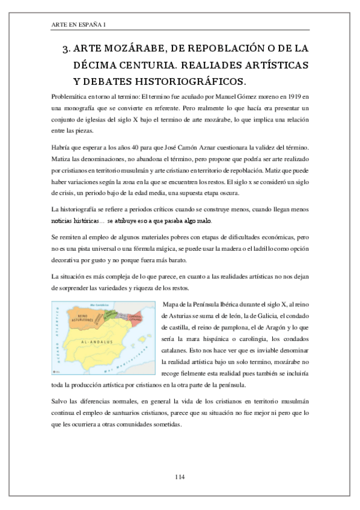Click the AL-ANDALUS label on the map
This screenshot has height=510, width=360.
tap(97, 340)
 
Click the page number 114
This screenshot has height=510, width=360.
tap(179, 476)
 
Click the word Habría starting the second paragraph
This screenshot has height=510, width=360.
tap(63, 147)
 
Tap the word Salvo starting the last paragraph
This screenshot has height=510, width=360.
tap(61, 401)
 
